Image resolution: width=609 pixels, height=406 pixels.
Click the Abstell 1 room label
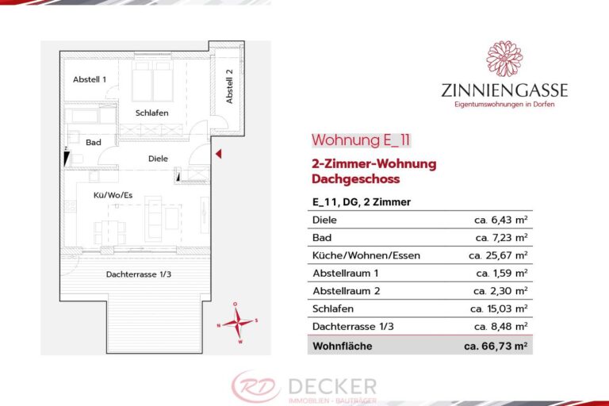(90, 80)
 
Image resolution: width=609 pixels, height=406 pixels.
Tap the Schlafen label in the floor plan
(151, 113)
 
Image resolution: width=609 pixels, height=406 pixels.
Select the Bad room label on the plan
(93, 143)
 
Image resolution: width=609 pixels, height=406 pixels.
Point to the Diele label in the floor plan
(158, 159)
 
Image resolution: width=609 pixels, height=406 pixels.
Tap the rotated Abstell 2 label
(229, 86)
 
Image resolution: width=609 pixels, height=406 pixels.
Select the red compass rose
(236, 322)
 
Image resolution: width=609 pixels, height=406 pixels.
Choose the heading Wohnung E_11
(361, 140)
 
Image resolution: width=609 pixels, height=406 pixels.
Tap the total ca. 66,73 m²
(496, 346)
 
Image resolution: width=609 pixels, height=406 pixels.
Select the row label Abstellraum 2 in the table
(347, 291)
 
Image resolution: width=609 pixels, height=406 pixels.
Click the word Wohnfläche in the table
(343, 346)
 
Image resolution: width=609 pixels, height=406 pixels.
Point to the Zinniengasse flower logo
(504, 59)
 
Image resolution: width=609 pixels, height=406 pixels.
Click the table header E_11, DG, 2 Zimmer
(362, 202)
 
